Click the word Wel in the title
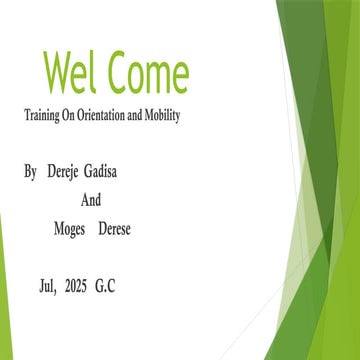[x=71, y=73]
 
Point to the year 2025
[x=76, y=285]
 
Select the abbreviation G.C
[x=105, y=285]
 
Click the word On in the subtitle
[x=75, y=116]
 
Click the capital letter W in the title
[x=59, y=73]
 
